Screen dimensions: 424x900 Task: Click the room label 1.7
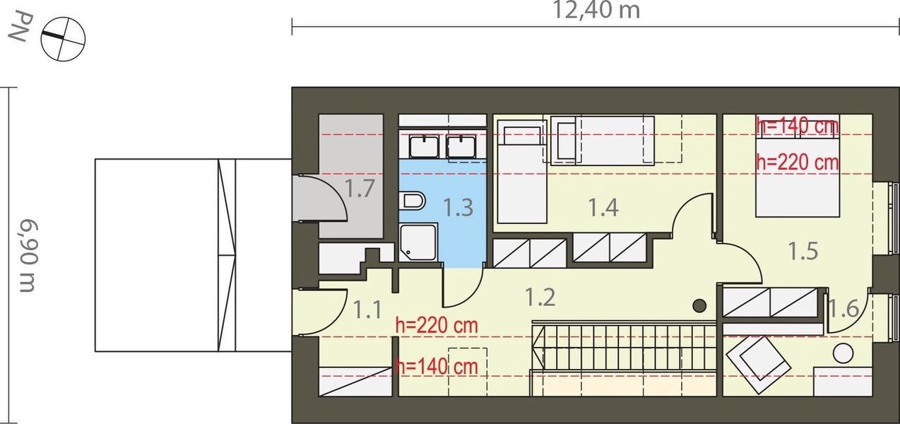360,189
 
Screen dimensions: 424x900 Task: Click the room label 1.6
843,309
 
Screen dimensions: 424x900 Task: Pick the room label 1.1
367,309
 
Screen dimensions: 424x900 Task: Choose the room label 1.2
540,297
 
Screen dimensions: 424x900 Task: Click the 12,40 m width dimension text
596,10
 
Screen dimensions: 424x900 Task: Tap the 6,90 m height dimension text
27,256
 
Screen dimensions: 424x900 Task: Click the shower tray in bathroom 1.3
418,242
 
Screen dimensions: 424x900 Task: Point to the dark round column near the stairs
699,305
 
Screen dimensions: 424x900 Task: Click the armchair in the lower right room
757,363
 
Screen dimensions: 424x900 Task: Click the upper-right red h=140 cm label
797,126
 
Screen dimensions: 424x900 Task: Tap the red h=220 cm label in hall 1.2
437,326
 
